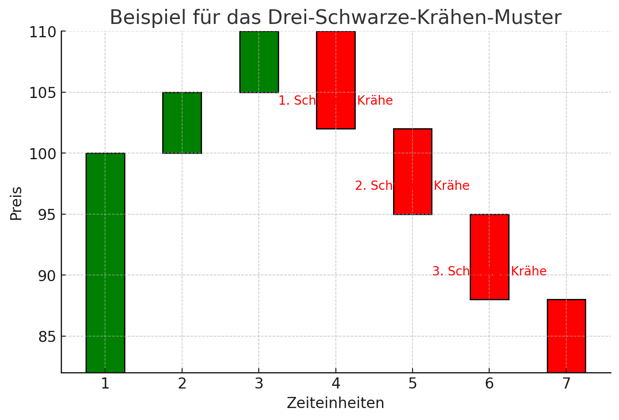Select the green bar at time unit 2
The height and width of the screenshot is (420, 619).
pos(182,123)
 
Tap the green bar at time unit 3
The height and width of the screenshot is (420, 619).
pos(259,62)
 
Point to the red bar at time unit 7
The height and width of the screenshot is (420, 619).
pos(566,336)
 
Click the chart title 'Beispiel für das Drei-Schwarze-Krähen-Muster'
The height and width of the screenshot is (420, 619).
pos(335,18)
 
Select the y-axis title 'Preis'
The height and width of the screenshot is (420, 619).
pos(16,203)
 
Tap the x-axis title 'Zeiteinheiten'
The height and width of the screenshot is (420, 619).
pos(335,403)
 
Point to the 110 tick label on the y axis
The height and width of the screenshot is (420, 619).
pos(43,32)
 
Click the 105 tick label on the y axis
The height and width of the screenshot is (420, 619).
pos(43,93)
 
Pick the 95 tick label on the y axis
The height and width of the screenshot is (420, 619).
pos(46,215)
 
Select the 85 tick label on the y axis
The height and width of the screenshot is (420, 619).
pos(46,337)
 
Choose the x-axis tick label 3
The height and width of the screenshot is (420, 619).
pos(259,384)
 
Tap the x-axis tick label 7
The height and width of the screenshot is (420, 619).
pos(566,384)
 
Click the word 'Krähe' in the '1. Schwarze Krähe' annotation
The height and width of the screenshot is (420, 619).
pos(375,101)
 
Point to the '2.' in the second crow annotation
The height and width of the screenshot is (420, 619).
pos(361,186)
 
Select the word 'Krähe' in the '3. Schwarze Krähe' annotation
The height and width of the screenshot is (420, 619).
pos(529,271)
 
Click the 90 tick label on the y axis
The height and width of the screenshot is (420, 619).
pos(46,275)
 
